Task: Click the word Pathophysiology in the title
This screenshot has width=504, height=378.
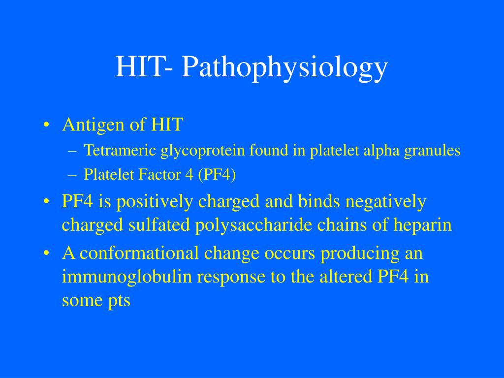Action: [284, 67]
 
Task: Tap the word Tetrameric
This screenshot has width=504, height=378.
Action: [120, 150]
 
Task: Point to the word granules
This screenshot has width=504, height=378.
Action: [432, 150]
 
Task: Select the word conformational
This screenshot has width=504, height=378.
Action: [140, 253]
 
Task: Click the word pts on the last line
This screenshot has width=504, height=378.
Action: [119, 300]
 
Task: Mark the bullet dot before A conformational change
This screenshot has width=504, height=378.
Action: [46, 253]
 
